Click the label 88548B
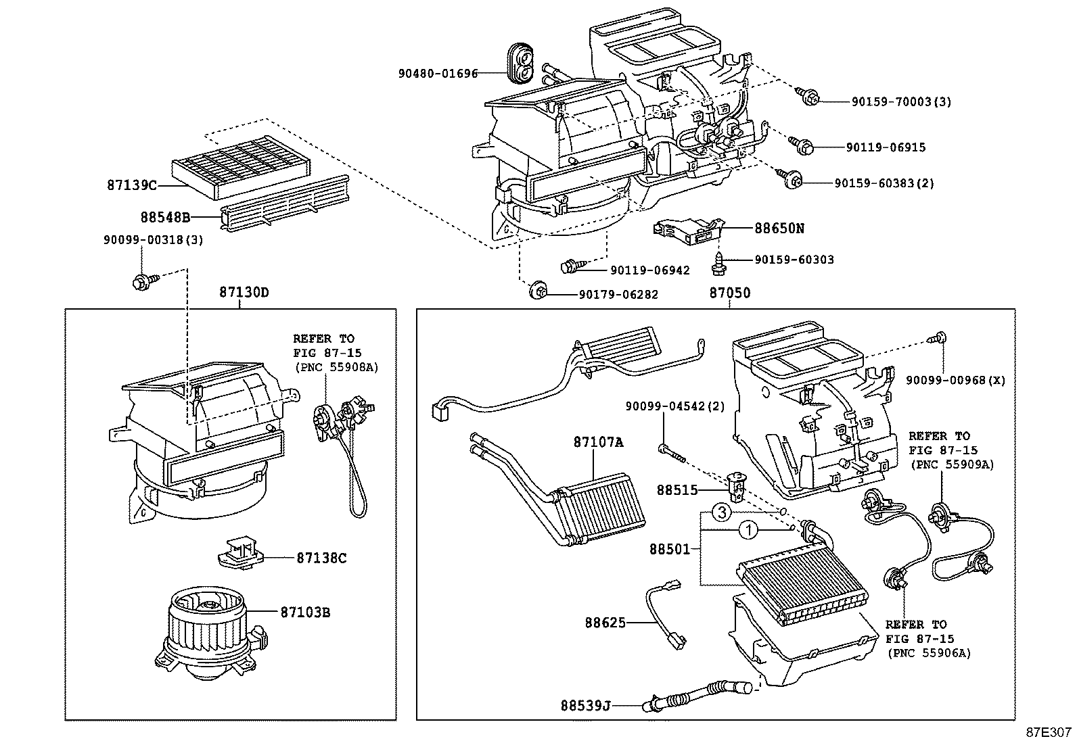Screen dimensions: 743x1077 pos(165,217)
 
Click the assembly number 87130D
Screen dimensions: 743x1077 pos(243,293)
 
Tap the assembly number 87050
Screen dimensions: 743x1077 pos(729,293)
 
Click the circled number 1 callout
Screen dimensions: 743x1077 pos(748,531)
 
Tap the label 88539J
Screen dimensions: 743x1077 pos(585,705)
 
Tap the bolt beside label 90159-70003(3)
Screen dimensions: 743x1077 pos(808,97)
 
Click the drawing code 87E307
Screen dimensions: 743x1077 pos(1048,732)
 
